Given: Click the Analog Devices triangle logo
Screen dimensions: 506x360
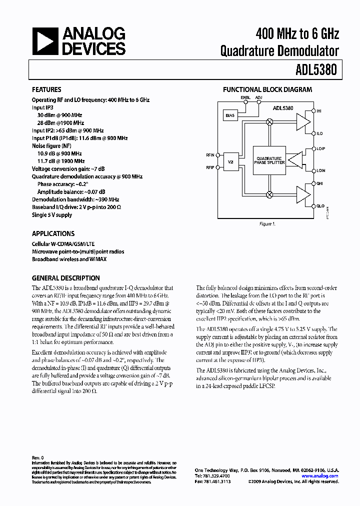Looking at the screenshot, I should coord(44,41).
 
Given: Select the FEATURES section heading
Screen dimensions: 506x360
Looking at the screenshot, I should coord(46,90).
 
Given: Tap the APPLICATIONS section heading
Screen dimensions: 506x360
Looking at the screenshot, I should coord(53,233).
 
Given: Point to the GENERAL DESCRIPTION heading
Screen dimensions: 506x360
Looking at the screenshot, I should coord(65,278).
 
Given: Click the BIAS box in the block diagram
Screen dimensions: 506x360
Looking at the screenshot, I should coord(230,115).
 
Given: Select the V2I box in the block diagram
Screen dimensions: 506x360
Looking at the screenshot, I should coord(230,162).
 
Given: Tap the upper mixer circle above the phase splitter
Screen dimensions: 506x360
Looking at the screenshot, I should coord(269,121).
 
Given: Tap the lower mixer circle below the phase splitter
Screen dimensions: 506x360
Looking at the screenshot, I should coord(269,194).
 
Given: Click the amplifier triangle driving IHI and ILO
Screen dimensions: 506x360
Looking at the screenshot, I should coord(302,121).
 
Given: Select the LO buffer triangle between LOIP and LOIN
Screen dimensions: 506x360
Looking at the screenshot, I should coord(296,160).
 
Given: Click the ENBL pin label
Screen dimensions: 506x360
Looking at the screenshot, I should coord(245,97).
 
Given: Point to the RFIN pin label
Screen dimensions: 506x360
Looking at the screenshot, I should coord(210,155).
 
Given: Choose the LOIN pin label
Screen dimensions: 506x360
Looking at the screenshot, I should coord(320,170).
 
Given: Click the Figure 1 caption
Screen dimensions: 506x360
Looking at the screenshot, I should coord(266,224).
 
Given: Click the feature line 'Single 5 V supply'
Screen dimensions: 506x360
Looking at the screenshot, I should coord(52,215).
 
